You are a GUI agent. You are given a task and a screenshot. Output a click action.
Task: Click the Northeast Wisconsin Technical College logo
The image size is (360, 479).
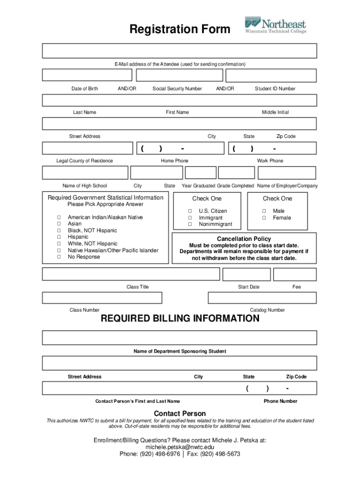click(275, 25)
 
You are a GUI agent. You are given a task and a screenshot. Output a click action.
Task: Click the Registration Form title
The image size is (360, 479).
click(180, 29)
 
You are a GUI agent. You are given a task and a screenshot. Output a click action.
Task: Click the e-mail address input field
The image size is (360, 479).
click(180, 51)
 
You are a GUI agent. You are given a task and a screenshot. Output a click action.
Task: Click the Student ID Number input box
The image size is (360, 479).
click(271, 75)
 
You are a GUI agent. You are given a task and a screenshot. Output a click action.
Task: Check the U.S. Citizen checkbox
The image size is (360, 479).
click(190, 211)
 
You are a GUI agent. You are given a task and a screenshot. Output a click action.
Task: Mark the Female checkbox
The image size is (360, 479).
click(264, 218)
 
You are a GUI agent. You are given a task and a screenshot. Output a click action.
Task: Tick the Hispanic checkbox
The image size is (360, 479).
click(59, 237)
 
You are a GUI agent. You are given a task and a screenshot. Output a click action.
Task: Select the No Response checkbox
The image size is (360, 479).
click(59, 257)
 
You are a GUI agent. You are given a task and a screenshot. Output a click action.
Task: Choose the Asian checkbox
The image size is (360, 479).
click(59, 224)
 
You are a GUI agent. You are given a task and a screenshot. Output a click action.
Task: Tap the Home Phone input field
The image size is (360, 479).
click(180, 148)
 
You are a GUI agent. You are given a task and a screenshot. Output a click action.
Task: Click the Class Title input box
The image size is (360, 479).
click(131, 274)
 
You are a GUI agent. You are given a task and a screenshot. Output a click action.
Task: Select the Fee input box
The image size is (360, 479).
click(295, 274)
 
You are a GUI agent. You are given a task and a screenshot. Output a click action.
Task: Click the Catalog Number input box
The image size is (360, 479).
click(262, 298)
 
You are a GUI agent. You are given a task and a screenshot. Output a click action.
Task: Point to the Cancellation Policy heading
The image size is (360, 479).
click(244, 239)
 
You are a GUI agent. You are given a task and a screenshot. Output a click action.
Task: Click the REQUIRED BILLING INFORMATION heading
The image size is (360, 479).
click(180, 319)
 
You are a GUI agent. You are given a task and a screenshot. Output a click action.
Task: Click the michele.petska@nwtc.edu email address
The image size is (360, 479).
click(180, 447)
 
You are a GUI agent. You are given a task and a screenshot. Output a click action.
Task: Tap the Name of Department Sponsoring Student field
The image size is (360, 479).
click(180, 338)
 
